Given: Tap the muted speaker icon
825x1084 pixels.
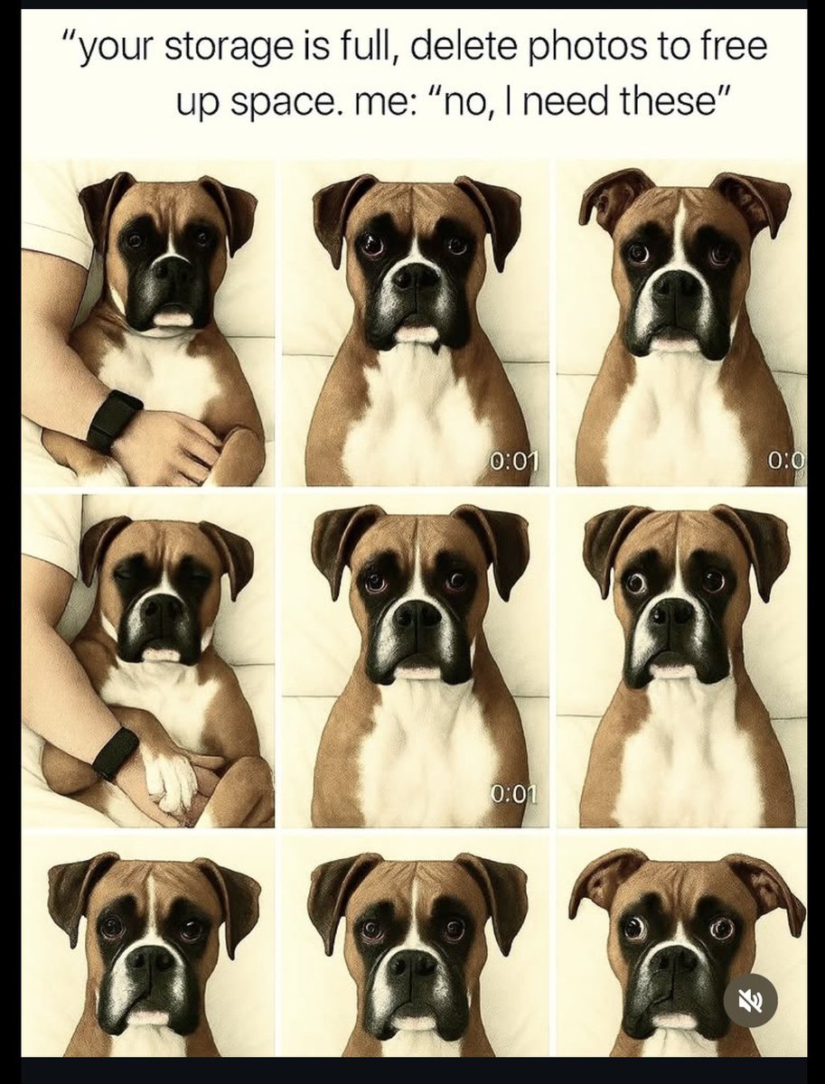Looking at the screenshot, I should [x=749, y=1000].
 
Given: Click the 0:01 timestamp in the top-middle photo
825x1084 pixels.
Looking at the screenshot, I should [x=514, y=462].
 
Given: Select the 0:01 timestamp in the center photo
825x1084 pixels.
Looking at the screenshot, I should [x=514, y=794].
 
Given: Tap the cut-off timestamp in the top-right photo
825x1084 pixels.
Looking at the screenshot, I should [x=786, y=462].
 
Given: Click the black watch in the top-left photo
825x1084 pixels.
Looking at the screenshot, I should [x=114, y=420].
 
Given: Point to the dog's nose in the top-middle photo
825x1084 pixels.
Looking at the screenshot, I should [x=417, y=276].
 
